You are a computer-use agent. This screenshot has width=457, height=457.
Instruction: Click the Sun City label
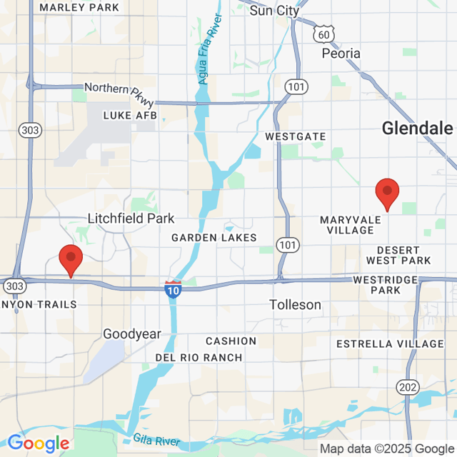coord(274,11)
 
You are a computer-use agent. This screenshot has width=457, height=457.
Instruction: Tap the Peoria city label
coord(341,54)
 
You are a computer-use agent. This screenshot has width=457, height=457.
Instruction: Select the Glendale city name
coord(418,129)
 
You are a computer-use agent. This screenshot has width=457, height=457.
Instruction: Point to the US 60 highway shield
coord(323,34)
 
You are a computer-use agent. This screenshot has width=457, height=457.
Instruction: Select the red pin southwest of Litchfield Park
coord(71,259)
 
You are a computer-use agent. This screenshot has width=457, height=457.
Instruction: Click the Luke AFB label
coord(129,115)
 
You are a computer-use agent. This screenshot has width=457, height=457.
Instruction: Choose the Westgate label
coord(295,136)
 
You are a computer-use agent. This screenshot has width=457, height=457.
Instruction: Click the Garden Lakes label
coord(214,238)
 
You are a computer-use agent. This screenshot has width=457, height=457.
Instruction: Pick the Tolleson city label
coord(296,305)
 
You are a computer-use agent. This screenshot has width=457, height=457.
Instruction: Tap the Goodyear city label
coord(132,333)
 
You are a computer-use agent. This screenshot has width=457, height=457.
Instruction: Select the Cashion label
coord(231,341)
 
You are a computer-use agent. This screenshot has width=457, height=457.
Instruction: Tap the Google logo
coord(38,444)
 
